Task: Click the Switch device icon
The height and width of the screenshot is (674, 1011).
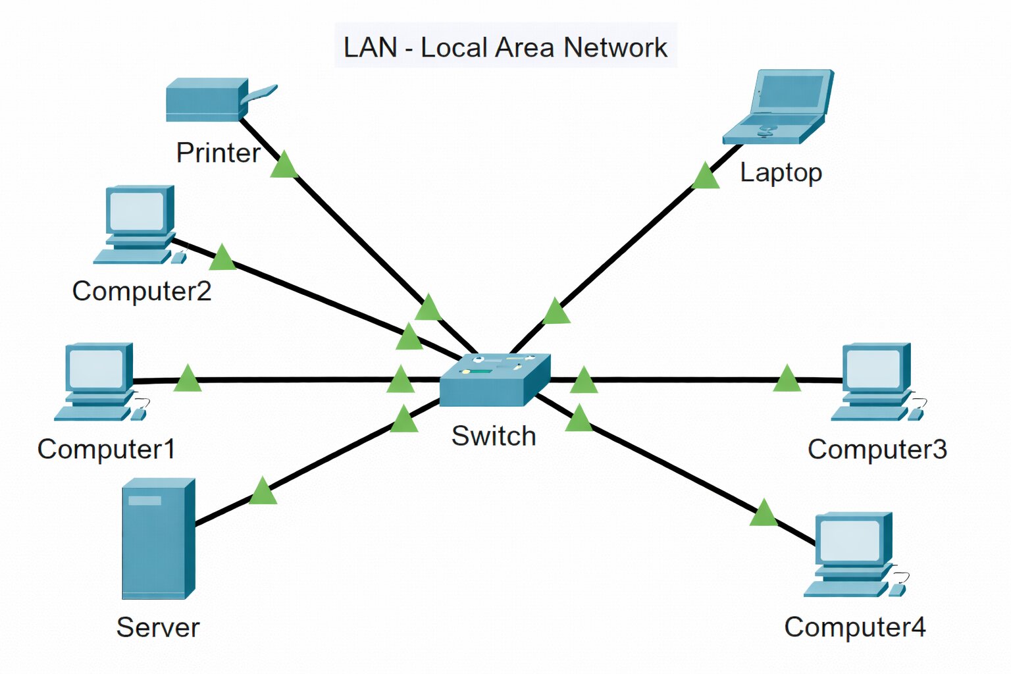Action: tap(494, 380)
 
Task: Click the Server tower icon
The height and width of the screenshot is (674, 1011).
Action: tap(158, 538)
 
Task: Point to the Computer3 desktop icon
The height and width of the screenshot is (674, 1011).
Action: tap(875, 382)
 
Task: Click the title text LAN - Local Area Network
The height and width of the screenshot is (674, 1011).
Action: tap(505, 47)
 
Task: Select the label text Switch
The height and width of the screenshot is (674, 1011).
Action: tap(494, 436)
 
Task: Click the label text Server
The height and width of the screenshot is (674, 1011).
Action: tap(158, 627)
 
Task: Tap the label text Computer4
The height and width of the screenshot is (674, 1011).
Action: tap(854, 627)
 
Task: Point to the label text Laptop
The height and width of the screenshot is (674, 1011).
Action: tap(781, 172)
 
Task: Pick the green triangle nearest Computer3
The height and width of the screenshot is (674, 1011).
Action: tap(787, 380)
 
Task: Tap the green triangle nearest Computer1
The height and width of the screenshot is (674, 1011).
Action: tap(188, 380)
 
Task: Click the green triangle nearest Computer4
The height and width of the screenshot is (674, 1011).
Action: tap(764, 514)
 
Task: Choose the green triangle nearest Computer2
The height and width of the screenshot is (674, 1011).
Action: tap(222, 259)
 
